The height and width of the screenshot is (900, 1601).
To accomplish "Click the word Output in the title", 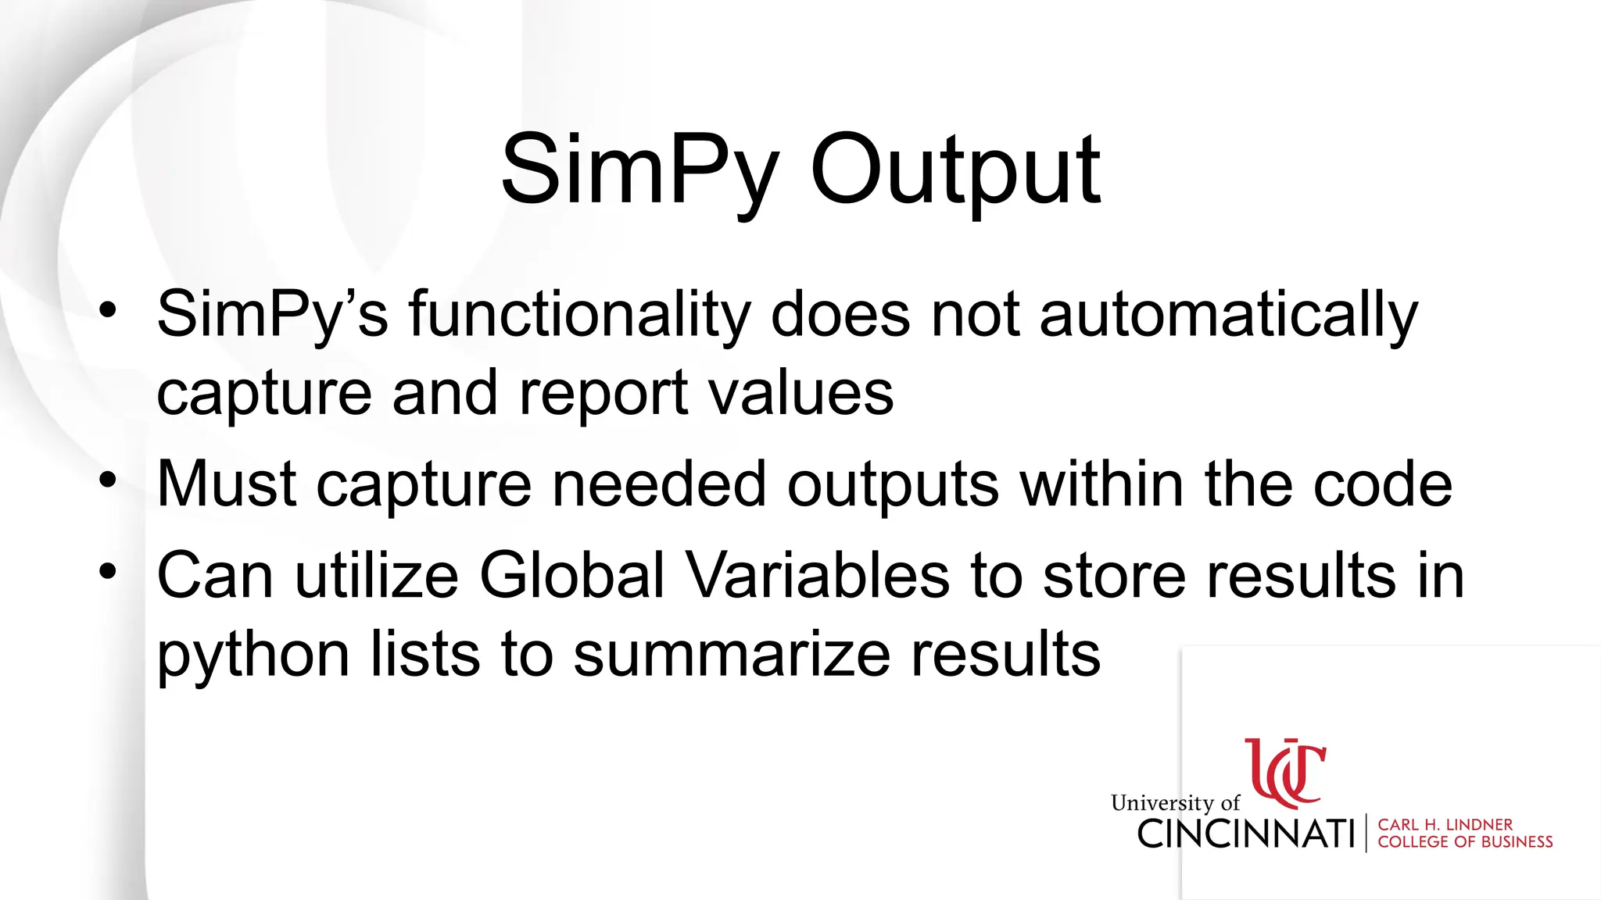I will pos(955,170).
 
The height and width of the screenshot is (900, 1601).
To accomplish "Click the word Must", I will pos(227,484).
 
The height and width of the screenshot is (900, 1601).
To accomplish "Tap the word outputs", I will pos(893,484).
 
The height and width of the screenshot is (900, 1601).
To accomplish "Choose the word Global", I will pos(571,575).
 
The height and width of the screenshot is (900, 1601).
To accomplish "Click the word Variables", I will pos(818,575).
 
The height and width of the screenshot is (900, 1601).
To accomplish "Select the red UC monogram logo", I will pos(1285,773).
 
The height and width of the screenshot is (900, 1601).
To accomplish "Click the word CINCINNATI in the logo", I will pos(1246,834).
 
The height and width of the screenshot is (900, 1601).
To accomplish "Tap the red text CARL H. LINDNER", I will pos(1445,825).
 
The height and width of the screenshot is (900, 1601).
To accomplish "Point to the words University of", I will pos(1175,803).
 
